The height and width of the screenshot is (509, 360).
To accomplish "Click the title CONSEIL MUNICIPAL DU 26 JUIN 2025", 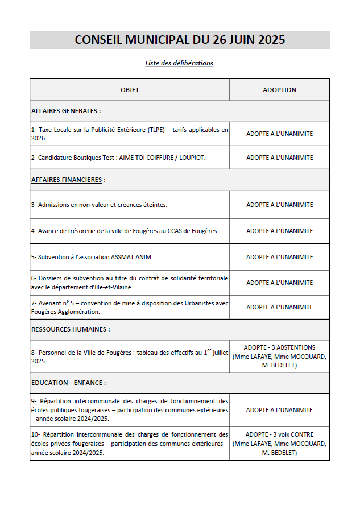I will pyautogui.click(x=180, y=40).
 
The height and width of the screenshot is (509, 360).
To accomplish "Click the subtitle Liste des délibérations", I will pyautogui.click(x=179, y=63).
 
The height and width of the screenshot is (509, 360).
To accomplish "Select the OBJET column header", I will pyautogui.click(x=130, y=90).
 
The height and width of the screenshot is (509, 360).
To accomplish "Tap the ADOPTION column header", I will pyautogui.click(x=279, y=90).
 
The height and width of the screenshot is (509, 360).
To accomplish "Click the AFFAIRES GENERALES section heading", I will pyautogui.click(x=64, y=111).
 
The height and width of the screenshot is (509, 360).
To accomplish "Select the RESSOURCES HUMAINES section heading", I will pyautogui.click(x=69, y=329).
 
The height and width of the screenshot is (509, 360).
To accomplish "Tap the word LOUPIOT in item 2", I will pyautogui.click(x=192, y=158).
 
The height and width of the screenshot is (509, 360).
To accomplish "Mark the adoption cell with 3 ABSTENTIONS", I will pyautogui.click(x=279, y=356).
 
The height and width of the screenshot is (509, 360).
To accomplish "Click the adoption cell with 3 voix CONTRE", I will pyautogui.click(x=279, y=444).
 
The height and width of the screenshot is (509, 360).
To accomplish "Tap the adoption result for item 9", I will pyautogui.click(x=279, y=410).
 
